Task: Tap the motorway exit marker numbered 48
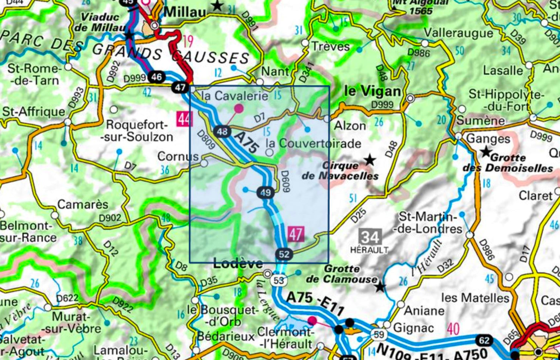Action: (222, 131)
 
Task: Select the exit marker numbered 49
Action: (265, 193)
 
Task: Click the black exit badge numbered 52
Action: (284, 254)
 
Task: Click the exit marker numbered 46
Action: (156, 77)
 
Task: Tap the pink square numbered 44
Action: (185, 119)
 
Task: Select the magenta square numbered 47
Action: (296, 234)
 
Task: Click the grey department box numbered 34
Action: (370, 237)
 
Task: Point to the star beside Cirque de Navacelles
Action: (370, 160)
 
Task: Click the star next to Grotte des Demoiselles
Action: (486, 152)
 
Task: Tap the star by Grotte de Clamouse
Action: (380, 287)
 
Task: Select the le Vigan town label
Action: (372, 91)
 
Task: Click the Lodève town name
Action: (238, 264)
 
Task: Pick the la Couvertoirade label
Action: (313, 143)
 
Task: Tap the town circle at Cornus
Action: (204, 163)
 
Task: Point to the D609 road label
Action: (285, 181)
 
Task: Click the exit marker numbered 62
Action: (484, 340)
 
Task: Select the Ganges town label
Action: (488, 139)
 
